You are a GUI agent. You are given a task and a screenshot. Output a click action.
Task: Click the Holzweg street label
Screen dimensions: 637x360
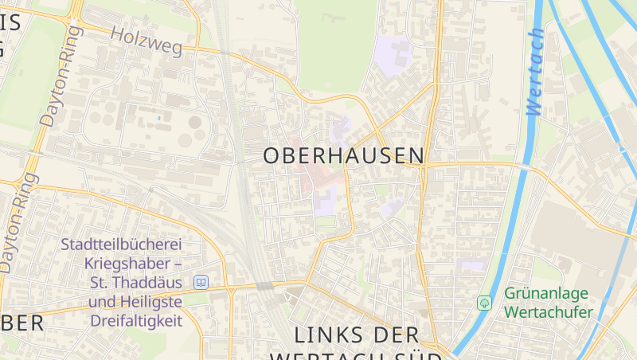147,41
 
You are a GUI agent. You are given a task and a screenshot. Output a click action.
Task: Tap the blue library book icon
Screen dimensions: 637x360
201,282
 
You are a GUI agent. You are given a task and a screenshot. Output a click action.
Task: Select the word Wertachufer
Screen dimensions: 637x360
549,311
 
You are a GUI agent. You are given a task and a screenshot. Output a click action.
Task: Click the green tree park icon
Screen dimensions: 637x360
484,303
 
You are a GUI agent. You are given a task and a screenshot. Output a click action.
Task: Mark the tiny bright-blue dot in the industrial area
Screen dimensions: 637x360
158,118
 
